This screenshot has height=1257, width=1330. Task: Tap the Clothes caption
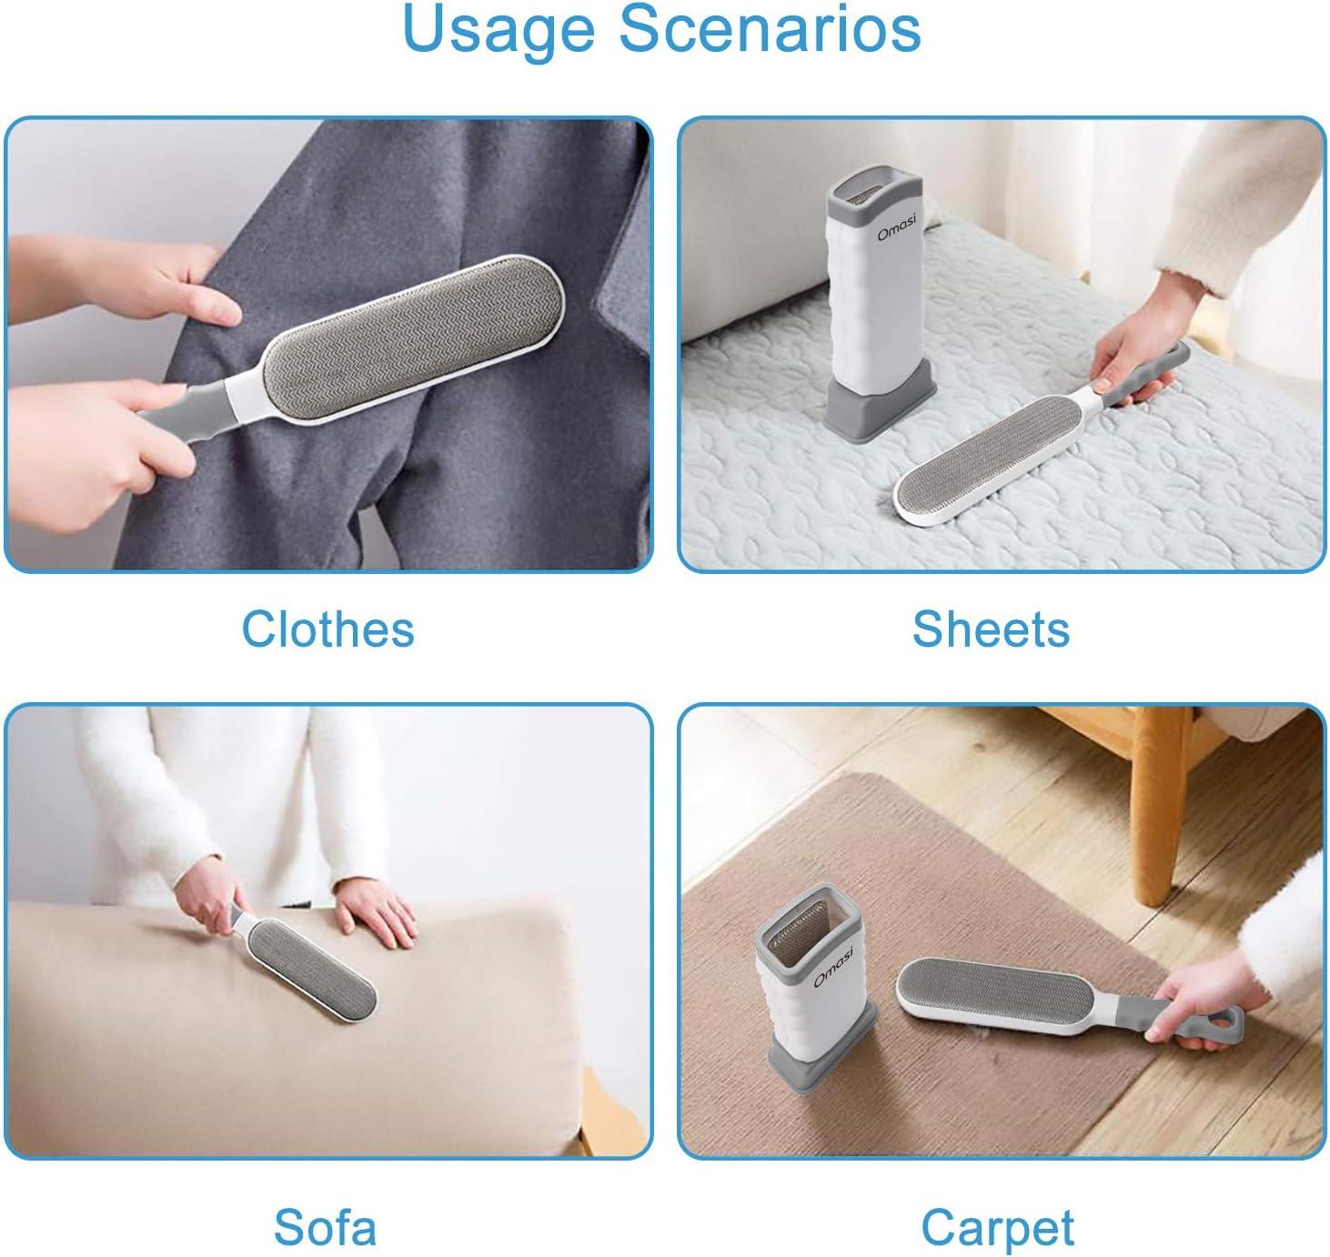[x=328, y=629]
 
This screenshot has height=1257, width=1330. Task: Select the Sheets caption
[x=991, y=629]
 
